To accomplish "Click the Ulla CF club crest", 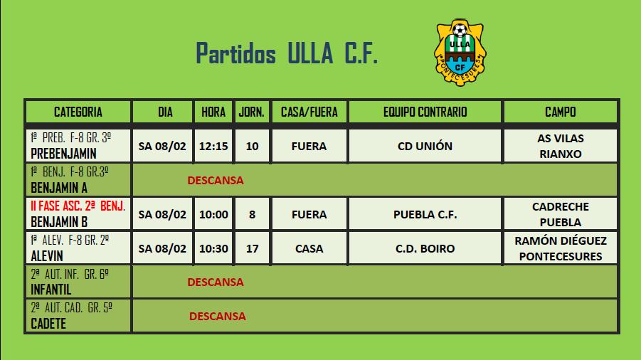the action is coord(460,53).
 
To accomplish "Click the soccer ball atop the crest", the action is coord(460,31).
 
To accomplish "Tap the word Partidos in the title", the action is coord(236,53).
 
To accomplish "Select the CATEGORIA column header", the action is coord(78,112).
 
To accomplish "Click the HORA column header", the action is coord(213,112).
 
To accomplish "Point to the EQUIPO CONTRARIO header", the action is coord(425,112).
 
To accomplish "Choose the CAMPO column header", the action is coord(561,112).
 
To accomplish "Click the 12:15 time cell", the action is coord(213,147).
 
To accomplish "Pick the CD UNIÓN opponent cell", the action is coord(425,147).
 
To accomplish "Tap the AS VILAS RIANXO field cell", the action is coord(561,147).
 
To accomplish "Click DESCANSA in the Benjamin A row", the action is coord(216,181).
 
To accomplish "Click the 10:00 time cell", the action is coord(213,215).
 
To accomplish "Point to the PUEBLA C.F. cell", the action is coord(425,215).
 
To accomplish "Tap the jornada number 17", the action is coord(253,248).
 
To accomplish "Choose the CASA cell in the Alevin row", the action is coord(309,248).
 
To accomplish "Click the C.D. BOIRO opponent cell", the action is coord(425,248).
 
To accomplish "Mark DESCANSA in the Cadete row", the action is coord(218,317).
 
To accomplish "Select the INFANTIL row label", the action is coord(51,290).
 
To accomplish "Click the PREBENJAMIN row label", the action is coord(64,154).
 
